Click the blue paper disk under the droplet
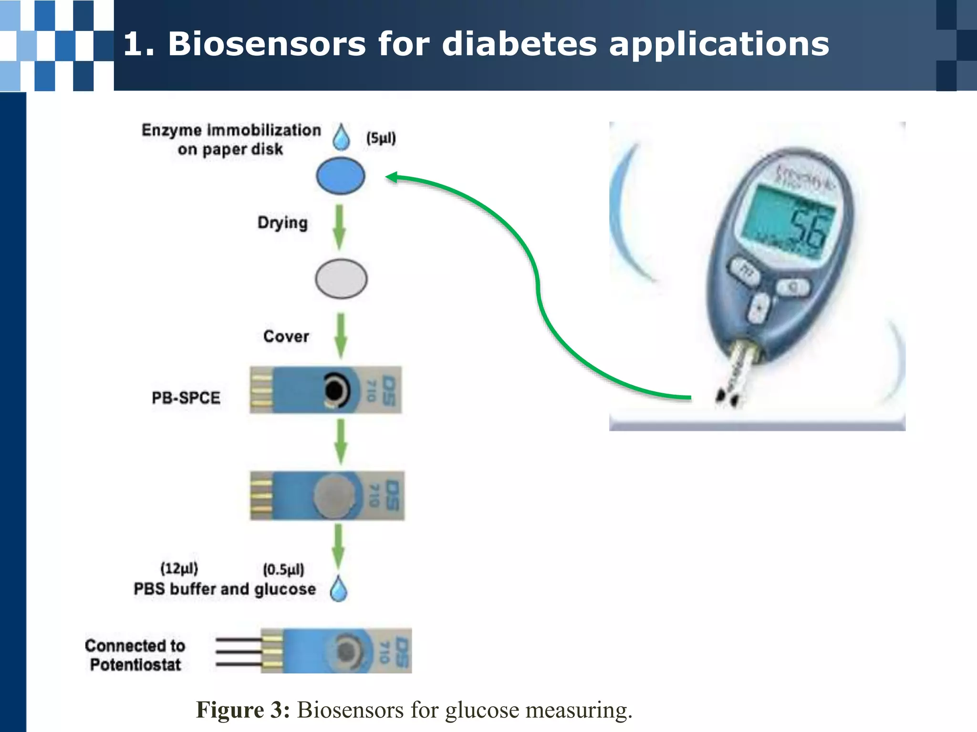[x=341, y=176]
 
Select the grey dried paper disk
[x=341, y=279]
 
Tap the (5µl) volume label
[x=381, y=138]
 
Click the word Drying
[x=282, y=223]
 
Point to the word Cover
[x=286, y=336]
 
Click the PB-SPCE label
[x=186, y=397]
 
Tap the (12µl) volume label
[x=179, y=568]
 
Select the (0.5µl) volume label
[x=283, y=569]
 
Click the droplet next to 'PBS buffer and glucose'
[x=339, y=589]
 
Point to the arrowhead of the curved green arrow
[x=391, y=177]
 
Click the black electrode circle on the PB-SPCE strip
[x=335, y=390]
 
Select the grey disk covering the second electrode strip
[x=334, y=496]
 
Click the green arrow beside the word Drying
[x=339, y=227]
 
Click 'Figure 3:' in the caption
[x=243, y=710]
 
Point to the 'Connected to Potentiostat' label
[x=135, y=655]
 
